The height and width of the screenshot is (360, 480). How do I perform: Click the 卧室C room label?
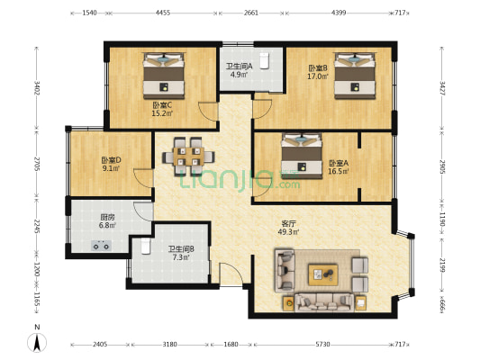pos(162,105)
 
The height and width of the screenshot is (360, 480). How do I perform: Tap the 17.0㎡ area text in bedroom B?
pos(318,76)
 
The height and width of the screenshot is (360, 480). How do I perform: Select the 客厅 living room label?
pos(288,223)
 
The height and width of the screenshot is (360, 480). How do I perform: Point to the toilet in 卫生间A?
pos(264,61)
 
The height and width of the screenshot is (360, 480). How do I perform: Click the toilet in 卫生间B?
pos(146,247)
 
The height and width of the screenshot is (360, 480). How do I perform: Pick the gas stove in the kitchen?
pos(101,246)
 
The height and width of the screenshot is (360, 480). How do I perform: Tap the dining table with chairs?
pos(188,157)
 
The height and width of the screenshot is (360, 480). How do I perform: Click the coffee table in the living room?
pos(323,274)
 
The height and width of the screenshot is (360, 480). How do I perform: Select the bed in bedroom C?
pos(164,76)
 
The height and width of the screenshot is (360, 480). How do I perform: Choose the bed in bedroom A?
pos(302,156)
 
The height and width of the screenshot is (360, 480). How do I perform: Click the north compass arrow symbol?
pos(37,343)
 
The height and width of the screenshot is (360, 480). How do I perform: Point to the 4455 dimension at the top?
pos(163,13)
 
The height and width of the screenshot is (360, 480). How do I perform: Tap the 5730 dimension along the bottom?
pos(322,345)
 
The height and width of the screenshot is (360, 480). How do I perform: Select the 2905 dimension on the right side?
pos(442,166)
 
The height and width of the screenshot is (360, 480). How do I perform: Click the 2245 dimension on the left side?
pos(36,226)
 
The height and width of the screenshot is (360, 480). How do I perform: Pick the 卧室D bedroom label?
pos(111,160)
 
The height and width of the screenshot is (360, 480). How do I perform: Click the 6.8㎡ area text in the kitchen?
pos(107,225)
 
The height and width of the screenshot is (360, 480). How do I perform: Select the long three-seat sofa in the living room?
pos(324,302)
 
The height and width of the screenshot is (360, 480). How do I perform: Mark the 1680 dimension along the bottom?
pos(231,345)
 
